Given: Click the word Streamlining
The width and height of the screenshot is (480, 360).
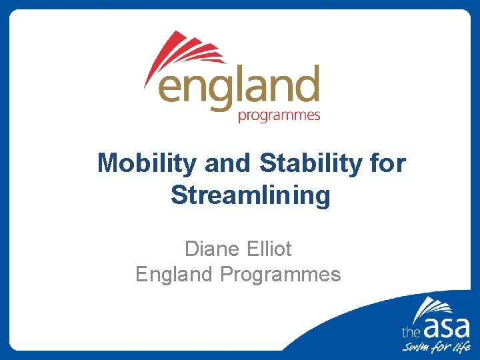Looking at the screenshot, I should [250, 196].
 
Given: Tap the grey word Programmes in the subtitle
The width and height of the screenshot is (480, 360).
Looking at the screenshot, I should [280, 274].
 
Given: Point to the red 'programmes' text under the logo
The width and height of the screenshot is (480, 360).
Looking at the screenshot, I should [279, 116].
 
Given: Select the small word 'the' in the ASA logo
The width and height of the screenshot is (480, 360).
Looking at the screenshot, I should [409, 331].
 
